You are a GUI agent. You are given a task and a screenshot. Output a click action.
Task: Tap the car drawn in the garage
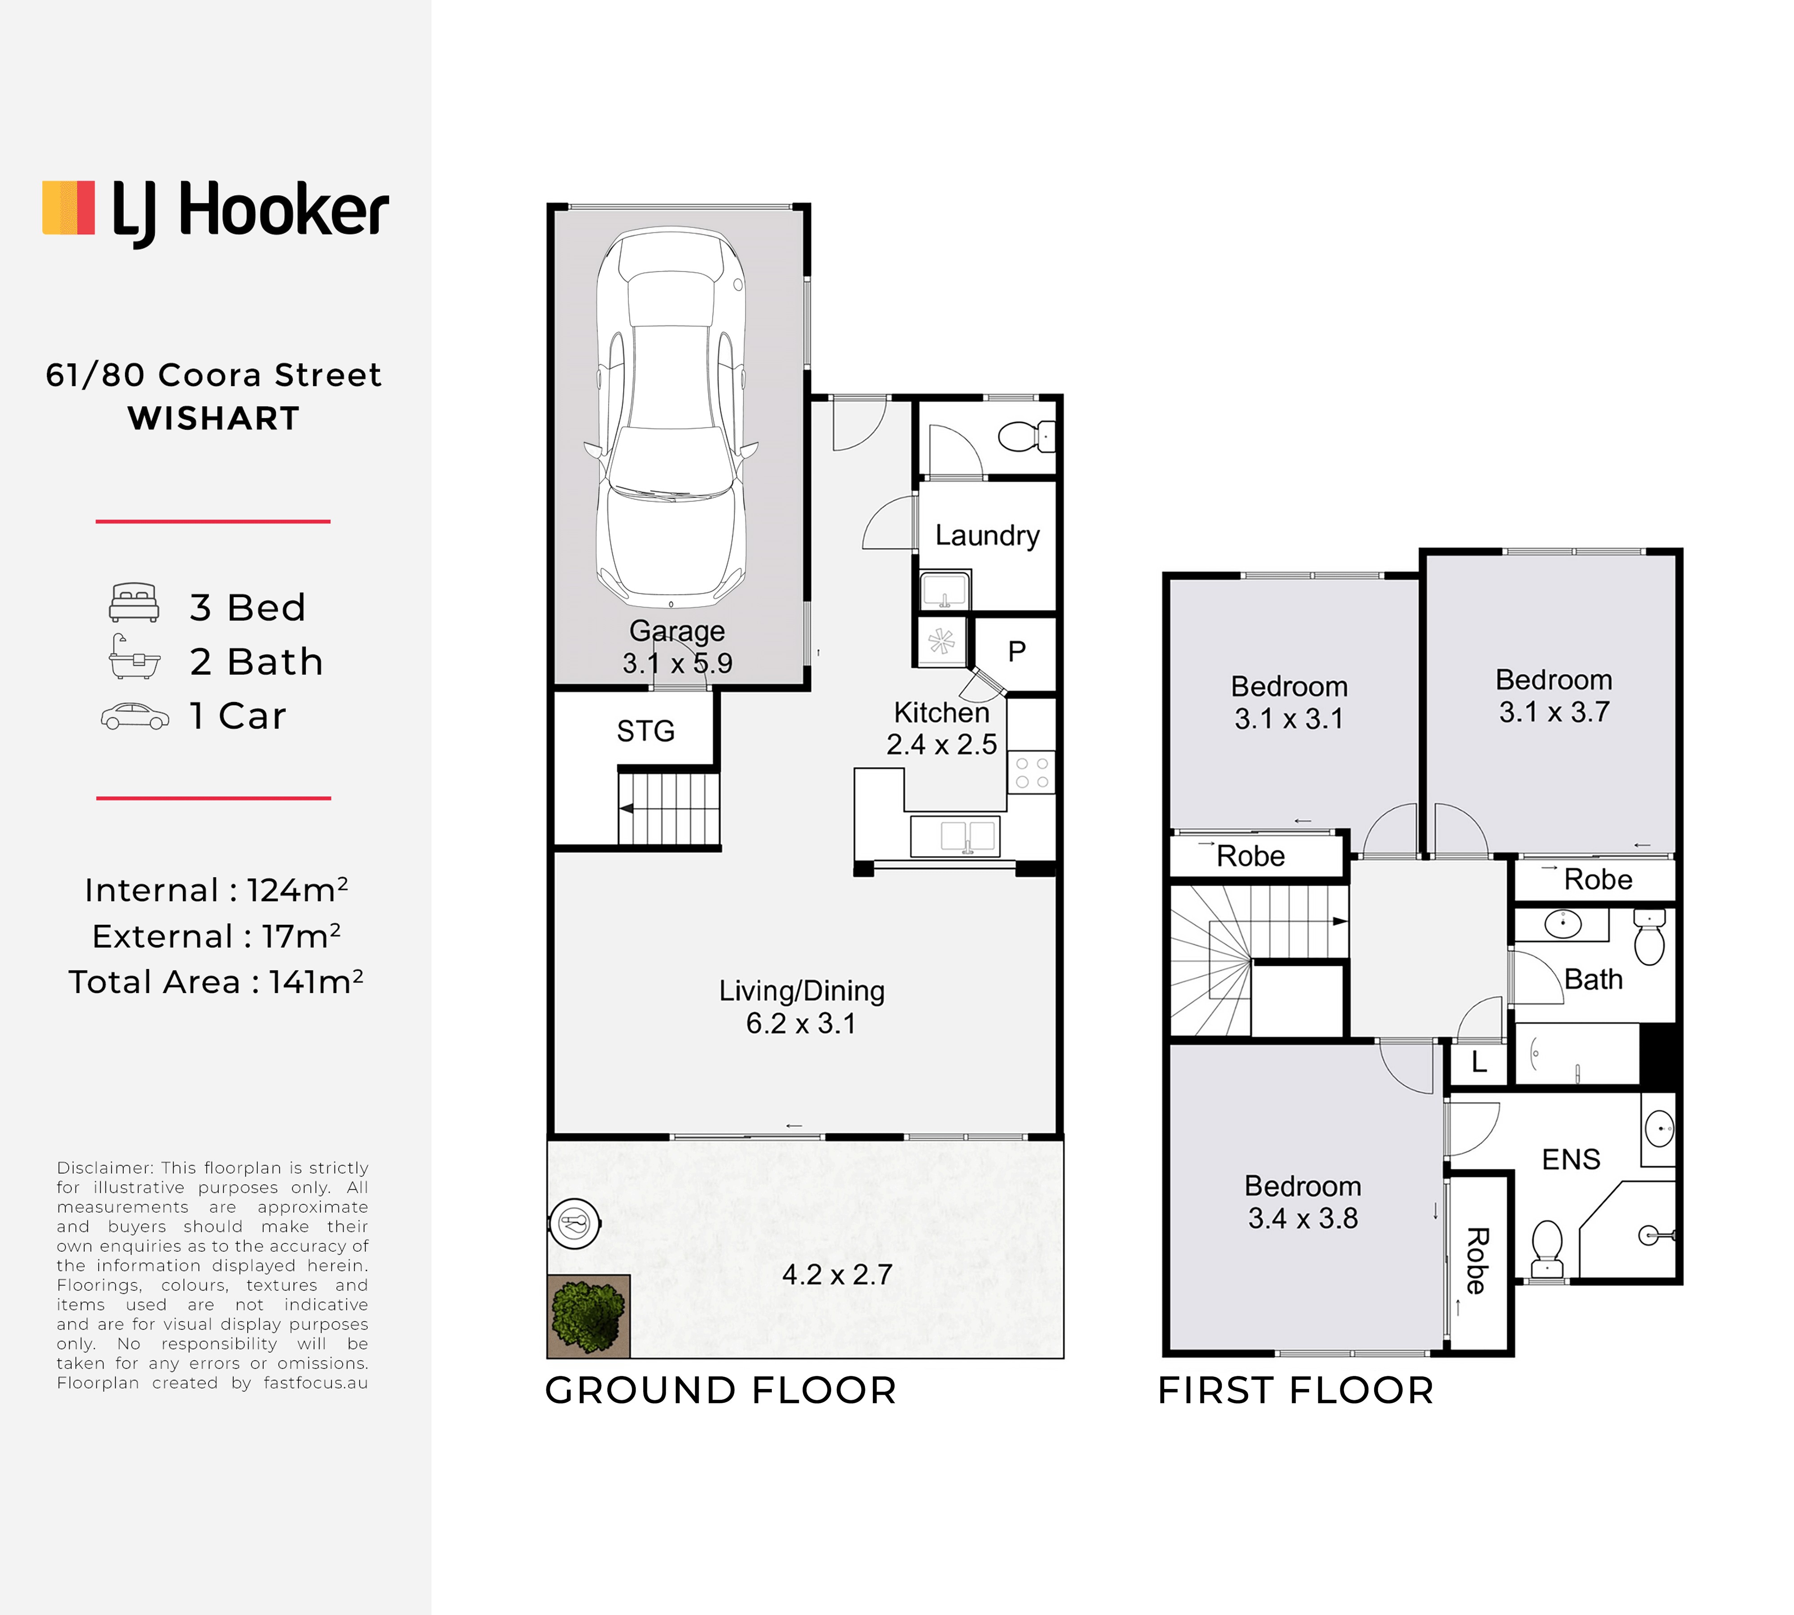[x=671, y=417]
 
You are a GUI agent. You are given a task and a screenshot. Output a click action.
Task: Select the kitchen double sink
[x=955, y=836]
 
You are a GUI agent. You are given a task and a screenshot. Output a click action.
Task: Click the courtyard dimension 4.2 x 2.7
[x=836, y=1274]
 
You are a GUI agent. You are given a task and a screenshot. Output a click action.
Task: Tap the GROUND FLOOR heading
[x=720, y=1391]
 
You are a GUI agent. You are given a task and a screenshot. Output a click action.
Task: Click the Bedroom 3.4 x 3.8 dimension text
[x=1302, y=1218]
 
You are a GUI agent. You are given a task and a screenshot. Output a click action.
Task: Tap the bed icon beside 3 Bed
[x=134, y=602]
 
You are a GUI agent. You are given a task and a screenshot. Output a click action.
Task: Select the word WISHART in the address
[x=214, y=418]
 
